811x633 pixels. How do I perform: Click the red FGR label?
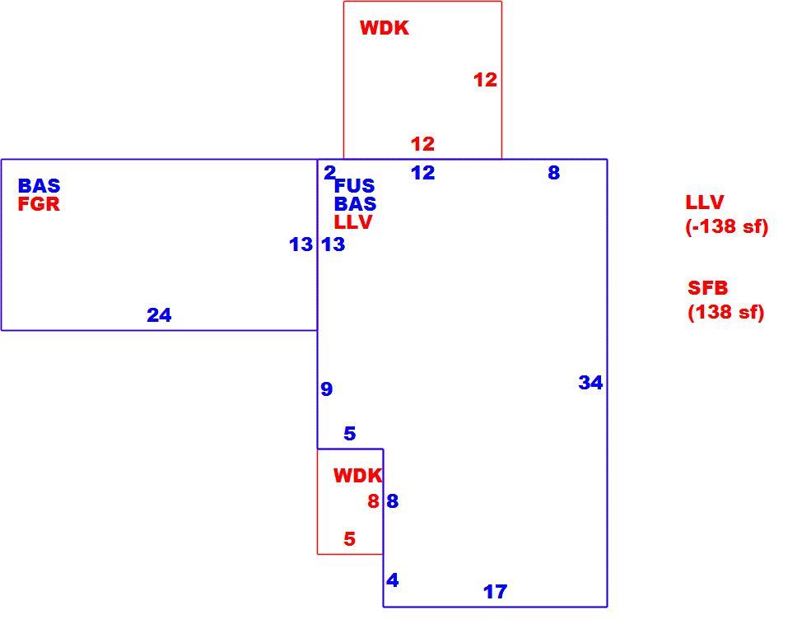39,204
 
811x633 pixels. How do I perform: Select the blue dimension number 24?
159,315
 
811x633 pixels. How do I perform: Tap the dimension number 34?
590,383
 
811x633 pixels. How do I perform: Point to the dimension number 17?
495,592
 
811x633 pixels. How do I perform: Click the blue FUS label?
354,186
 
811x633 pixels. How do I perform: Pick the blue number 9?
326,389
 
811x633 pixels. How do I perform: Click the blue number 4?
393,580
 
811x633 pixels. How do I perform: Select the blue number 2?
329,173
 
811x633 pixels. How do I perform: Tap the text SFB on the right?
707,287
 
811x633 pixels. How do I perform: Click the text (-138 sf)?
727,226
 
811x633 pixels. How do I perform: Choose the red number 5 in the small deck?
350,539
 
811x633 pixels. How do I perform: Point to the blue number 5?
350,433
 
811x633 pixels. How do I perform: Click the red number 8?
374,501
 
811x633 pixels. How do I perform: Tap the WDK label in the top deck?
385,28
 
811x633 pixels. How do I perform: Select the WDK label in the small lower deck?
357,475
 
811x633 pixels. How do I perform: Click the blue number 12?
422,173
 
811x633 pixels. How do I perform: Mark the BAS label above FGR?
39,186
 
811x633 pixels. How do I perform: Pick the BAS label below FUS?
356,204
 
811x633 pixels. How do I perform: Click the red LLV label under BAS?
353,222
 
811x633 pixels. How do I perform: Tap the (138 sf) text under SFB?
726,312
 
